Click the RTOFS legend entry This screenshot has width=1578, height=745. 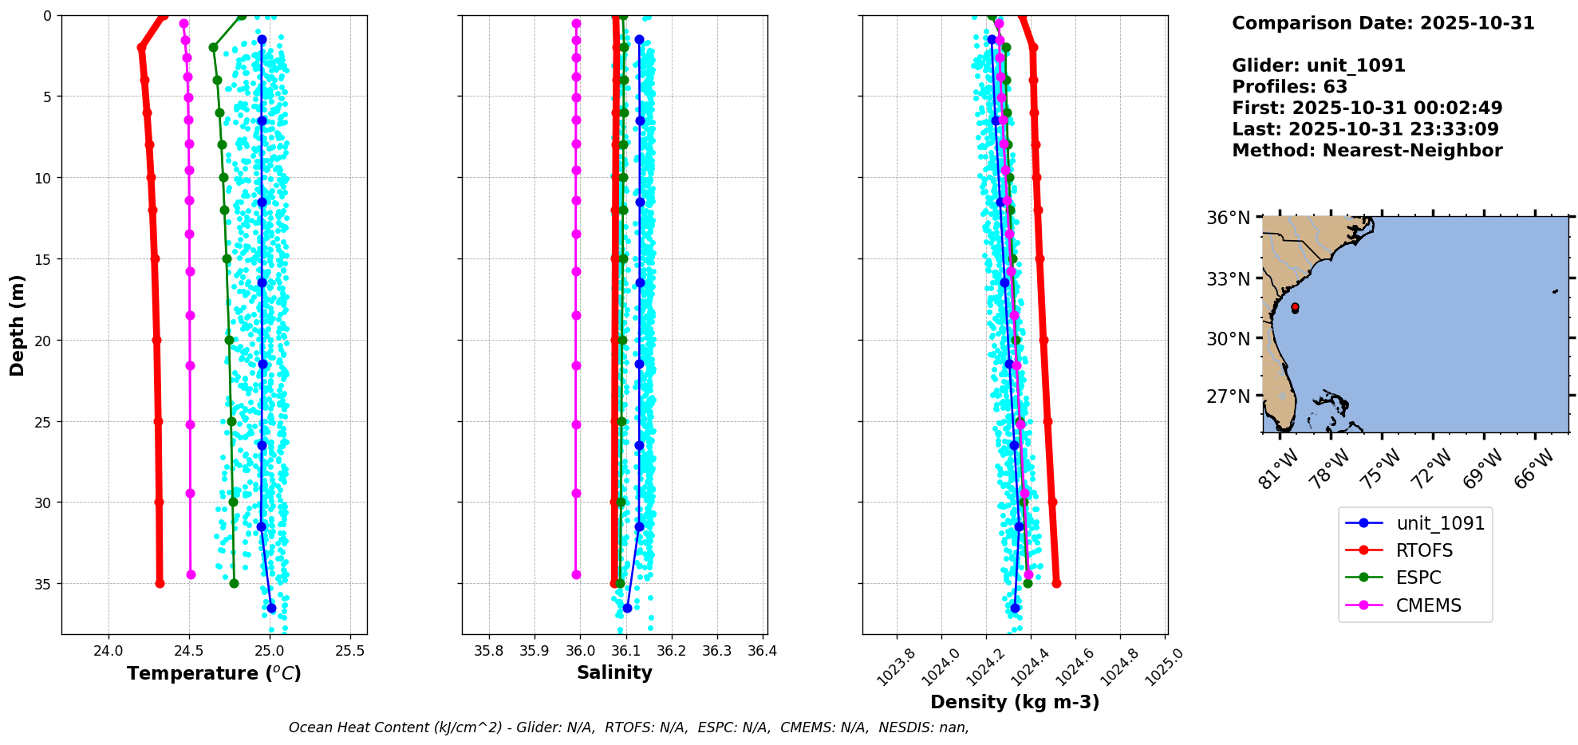[x=1424, y=550]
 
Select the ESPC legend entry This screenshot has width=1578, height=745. [x=1418, y=577]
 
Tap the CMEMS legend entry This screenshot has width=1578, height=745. [x=1428, y=605]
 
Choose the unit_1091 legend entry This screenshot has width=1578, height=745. [x=1440, y=523]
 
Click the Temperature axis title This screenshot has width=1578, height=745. [x=214, y=673]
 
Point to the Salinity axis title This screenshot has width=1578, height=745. [x=614, y=672]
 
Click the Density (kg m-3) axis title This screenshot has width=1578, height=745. [x=1015, y=702]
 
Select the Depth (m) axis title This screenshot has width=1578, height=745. [x=18, y=325]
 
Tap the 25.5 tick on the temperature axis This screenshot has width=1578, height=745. [x=349, y=651]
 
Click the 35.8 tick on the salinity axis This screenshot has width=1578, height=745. [x=489, y=651]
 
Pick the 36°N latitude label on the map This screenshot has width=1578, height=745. [x=1228, y=218]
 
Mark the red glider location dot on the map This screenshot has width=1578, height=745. [x=1295, y=307]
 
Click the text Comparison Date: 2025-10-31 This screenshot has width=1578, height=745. [x=1383, y=23]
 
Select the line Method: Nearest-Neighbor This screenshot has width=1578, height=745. [x=1367, y=151]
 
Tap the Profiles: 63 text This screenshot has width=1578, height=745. [x=1289, y=87]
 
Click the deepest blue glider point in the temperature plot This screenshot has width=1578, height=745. [x=271, y=608]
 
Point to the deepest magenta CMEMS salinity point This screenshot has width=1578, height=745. [x=576, y=574]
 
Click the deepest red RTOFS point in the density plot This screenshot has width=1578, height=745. [x=1056, y=583]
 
